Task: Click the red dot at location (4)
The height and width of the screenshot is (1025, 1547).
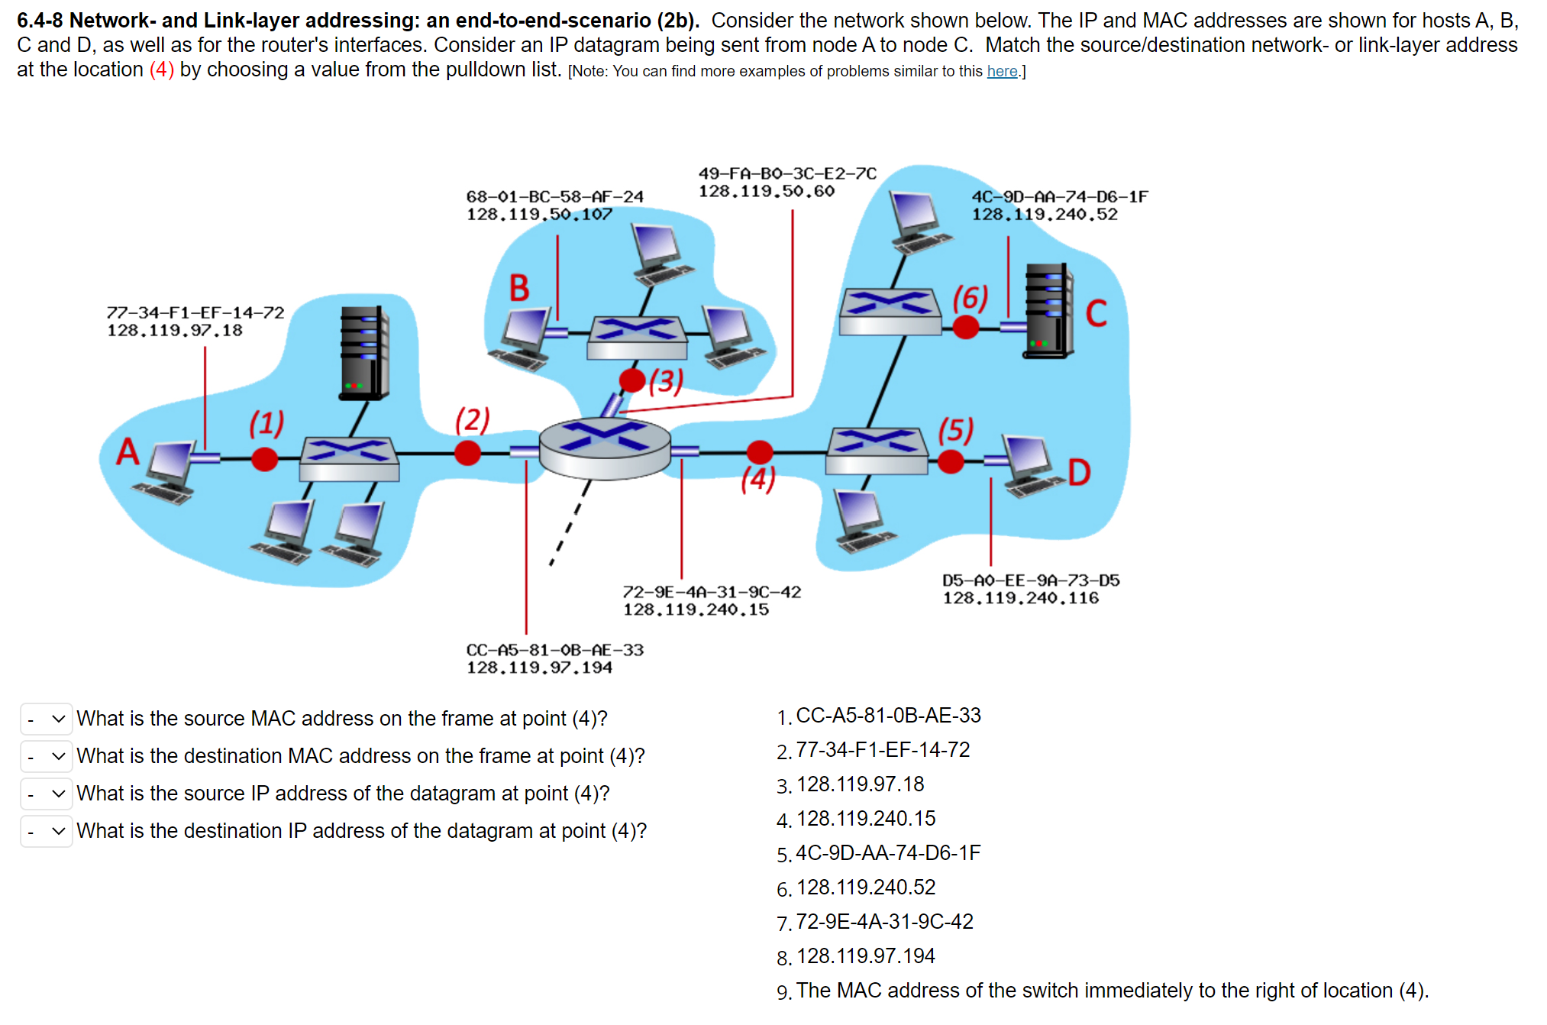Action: click(759, 452)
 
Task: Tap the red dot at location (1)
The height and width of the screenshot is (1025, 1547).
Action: click(264, 459)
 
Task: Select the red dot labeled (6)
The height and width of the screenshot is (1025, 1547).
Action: click(966, 328)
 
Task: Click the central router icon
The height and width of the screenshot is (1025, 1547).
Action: click(605, 448)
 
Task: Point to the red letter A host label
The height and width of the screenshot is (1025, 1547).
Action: click(128, 451)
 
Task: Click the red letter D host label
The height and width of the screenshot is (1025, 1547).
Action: click(1079, 473)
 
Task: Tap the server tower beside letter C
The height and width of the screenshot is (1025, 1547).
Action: click(1048, 311)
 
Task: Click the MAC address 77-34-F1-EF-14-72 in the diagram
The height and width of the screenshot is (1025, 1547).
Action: click(195, 312)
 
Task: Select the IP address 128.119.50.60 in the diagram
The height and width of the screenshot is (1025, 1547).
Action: click(766, 192)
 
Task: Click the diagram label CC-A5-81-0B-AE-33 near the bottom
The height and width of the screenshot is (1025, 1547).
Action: click(555, 650)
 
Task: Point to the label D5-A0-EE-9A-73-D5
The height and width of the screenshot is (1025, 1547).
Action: click(1031, 580)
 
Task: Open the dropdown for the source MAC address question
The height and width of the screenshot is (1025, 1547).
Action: click(47, 719)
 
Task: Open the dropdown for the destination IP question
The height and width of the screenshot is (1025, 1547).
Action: click(47, 831)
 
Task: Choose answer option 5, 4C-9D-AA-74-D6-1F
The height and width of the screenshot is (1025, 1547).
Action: click(887, 853)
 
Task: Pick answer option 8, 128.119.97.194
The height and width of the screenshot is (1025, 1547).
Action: click(865, 956)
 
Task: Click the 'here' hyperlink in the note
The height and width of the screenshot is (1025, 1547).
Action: click(1002, 72)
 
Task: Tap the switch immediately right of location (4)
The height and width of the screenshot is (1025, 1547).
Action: click(877, 451)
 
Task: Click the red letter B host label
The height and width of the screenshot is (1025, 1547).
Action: click(519, 289)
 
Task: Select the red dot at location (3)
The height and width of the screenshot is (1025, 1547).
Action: click(632, 380)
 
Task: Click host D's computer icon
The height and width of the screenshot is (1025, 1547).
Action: click(1027, 465)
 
